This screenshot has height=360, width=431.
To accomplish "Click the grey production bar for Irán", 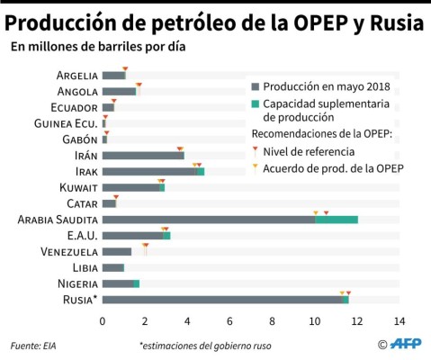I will [142, 156].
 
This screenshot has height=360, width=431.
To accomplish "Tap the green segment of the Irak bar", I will [200, 171].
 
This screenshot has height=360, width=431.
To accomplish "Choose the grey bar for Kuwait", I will [130, 187].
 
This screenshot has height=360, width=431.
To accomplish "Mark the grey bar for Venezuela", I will [116, 251].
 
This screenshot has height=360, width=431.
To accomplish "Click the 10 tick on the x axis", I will [314, 320].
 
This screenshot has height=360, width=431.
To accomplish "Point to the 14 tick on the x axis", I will [399, 320].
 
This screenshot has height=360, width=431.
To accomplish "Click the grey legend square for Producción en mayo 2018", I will [255, 87].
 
